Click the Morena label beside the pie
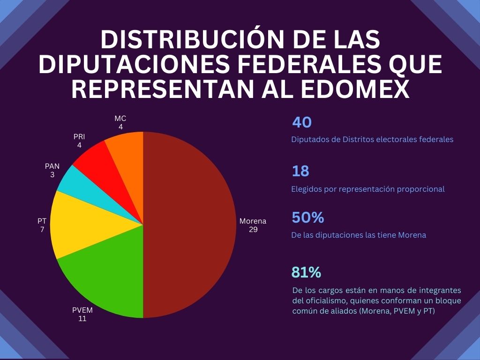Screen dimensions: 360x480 point(253,221)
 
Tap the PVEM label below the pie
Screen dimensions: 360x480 point(82,310)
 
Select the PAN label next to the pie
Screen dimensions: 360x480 point(52,166)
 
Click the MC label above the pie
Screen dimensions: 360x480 point(120,119)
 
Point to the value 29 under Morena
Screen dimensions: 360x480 point(253,230)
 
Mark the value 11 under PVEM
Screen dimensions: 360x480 point(82,319)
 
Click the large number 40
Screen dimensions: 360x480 point(302,123)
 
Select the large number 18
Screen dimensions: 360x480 point(300,172)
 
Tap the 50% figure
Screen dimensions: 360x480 point(307,218)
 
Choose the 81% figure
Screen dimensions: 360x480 point(306,272)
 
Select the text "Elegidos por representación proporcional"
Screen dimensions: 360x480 point(367,189)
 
